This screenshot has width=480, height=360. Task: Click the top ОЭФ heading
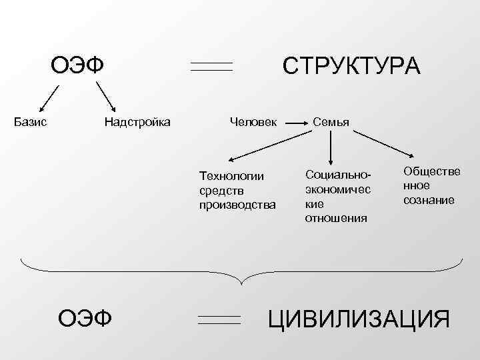tap(80, 66)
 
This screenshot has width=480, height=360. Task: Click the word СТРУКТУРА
tap(351, 67)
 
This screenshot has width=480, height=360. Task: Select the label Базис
tap(30, 121)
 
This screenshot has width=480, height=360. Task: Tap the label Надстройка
tap(137, 121)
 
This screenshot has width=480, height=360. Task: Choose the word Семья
tap(331, 121)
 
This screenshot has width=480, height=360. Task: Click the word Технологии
tap(232, 176)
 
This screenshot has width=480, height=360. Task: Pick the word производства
tap(237, 204)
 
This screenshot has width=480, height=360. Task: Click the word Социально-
tap(337, 174)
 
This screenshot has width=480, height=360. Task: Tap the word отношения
tap(336, 218)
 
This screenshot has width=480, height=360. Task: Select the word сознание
tap(429, 199)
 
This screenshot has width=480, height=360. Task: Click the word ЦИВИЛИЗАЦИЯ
tap(359, 319)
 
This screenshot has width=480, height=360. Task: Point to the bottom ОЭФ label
tap(85, 318)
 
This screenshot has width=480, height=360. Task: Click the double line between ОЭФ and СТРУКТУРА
tap(211, 67)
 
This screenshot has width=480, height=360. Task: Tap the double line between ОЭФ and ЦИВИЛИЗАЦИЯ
tap(219, 319)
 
